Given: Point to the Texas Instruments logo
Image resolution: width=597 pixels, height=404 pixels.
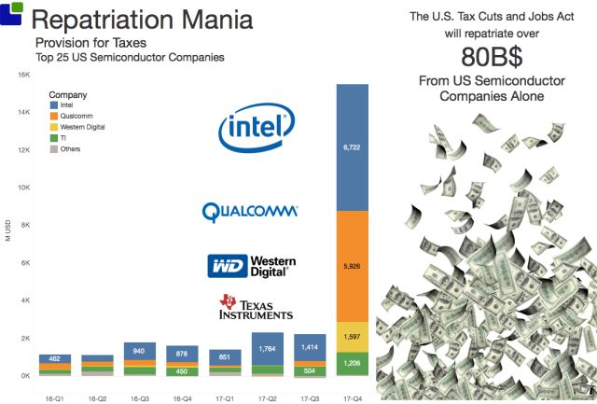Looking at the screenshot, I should tap(256, 308).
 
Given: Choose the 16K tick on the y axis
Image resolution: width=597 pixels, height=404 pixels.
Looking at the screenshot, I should tap(24, 76).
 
